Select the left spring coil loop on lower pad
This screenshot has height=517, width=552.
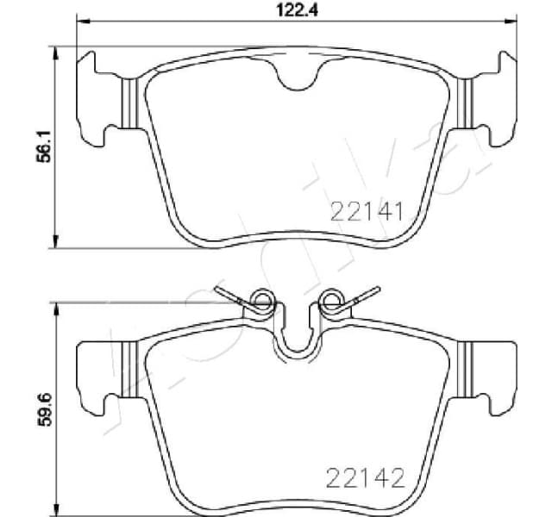click(260, 302)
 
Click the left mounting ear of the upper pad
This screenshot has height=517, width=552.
click(97, 97)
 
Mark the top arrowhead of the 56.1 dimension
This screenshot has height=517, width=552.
click(57, 51)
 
